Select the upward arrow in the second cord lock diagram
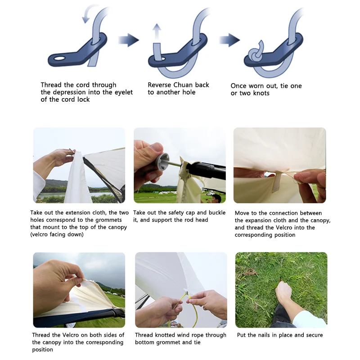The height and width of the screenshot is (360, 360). [x=157, y=31]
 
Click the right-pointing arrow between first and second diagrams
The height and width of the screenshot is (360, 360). [x=128, y=40]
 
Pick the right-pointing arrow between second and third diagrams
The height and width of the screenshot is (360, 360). [x=229, y=40]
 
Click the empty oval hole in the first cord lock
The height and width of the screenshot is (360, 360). [x=59, y=58]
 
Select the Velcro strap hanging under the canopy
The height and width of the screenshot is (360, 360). [x=276, y=182]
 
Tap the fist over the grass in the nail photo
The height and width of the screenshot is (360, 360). [x=284, y=292]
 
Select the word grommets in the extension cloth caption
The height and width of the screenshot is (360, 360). [x=108, y=220]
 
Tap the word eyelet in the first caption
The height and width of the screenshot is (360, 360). [x=123, y=92]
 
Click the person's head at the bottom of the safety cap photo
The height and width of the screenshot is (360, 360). [x=216, y=198]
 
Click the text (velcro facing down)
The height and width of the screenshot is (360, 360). [x=57, y=234]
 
